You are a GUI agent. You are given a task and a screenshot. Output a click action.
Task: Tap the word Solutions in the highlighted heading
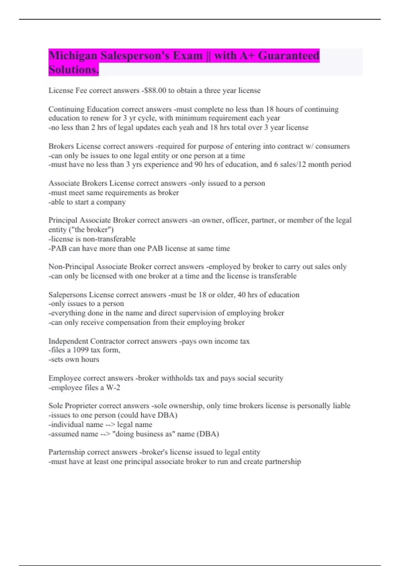click(73, 70)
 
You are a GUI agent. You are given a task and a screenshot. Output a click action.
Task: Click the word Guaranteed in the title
click(288, 56)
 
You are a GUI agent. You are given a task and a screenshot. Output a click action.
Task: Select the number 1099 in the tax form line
click(80, 350)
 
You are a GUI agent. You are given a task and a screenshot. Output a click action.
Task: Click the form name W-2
click(113, 388)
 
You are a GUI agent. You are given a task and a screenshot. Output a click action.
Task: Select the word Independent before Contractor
click(68, 341)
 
